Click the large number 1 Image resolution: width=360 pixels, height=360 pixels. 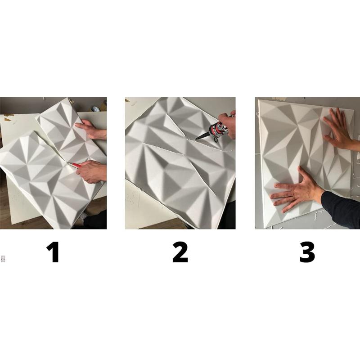[53, 252]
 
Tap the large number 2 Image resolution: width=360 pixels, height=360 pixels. [180, 252]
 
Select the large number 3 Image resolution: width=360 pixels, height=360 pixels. [307, 252]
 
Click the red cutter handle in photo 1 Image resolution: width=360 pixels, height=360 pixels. [76, 165]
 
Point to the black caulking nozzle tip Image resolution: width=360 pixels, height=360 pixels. [201, 137]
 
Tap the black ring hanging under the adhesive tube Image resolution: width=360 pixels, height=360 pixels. [216, 139]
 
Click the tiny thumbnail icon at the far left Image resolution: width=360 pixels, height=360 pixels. [3, 258]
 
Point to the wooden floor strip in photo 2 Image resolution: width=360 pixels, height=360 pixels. [161, 226]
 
